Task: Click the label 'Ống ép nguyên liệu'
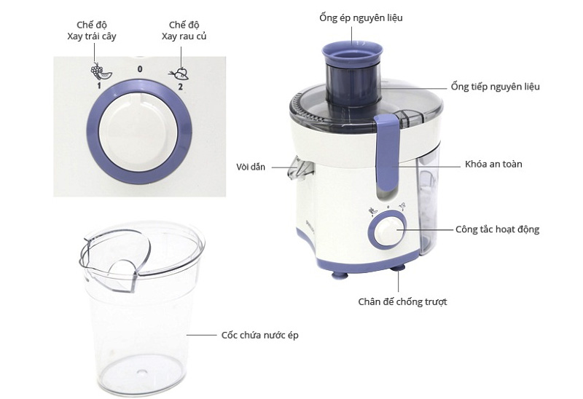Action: [x=360, y=17]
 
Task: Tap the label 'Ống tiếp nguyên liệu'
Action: [x=495, y=87]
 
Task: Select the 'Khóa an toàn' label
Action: [x=493, y=164]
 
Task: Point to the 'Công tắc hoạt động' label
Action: [x=497, y=229]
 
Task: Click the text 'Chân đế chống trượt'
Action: [x=402, y=301]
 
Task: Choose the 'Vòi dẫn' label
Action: [x=255, y=167]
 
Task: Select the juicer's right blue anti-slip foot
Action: [x=399, y=269]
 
